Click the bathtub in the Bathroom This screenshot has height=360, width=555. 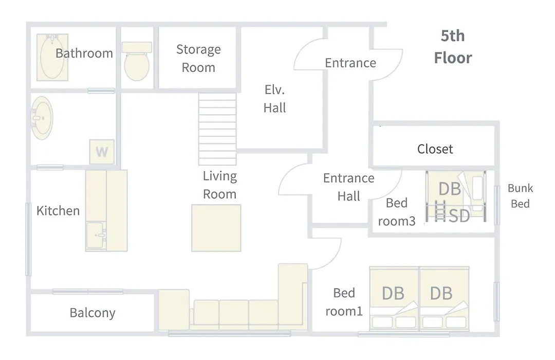tap(52, 58)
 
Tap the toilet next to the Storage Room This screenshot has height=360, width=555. tap(137, 61)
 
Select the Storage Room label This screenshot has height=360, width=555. tap(198, 58)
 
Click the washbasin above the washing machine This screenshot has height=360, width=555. tap(42, 118)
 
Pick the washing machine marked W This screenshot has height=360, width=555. tap(102, 152)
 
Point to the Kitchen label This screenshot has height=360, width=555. tap(58, 211)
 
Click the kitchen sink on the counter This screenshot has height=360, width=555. tap(96, 235)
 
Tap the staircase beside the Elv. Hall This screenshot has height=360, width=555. tap(217, 129)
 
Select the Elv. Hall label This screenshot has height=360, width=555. tap(274, 99)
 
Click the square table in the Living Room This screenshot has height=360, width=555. tap(216, 228)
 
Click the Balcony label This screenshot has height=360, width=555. tap(92, 313)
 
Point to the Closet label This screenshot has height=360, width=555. tap(435, 149)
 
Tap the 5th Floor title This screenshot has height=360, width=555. tap(453, 47)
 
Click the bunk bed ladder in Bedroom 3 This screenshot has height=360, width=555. tap(439, 211)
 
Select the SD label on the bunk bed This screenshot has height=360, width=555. tap(459, 216)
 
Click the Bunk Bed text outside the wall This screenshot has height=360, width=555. tap(520, 195)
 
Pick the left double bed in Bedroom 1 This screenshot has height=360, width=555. tap(394, 299)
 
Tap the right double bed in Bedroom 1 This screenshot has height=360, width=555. tap(445, 299)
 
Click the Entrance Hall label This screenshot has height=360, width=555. tap(348, 187)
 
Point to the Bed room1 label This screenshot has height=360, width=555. tap(344, 302)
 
